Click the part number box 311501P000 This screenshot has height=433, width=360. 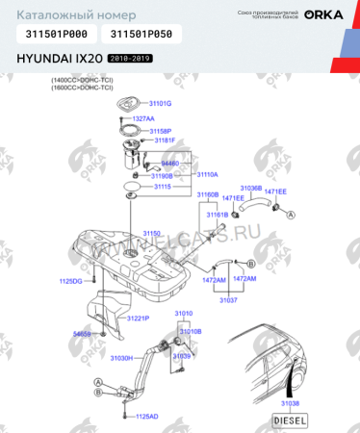point(55,34)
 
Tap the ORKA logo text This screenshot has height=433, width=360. point(324,13)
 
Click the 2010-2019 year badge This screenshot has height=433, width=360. point(130,59)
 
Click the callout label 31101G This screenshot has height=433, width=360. point(160,102)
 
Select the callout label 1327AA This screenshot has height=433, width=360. point(144,117)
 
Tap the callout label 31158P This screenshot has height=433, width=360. point(160,131)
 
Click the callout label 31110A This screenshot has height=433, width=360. point(209,175)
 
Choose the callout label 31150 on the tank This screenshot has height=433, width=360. point(154,233)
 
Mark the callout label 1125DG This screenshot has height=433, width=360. point(72,281)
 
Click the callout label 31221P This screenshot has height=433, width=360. point(139,318)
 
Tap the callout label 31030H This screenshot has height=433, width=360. point(122,358)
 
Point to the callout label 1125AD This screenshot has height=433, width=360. point(146,416)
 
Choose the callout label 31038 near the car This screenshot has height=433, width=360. point(290,403)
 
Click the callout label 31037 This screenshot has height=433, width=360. point(228,300)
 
